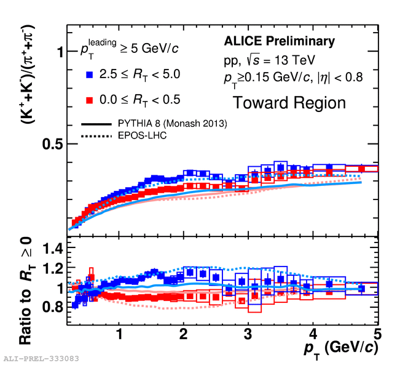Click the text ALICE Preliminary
280,42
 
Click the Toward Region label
289,102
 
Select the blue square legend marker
90,74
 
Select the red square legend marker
90,99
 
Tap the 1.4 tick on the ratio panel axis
53,249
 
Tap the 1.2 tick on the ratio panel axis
53,268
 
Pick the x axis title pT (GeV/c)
340,350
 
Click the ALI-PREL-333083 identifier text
40,358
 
